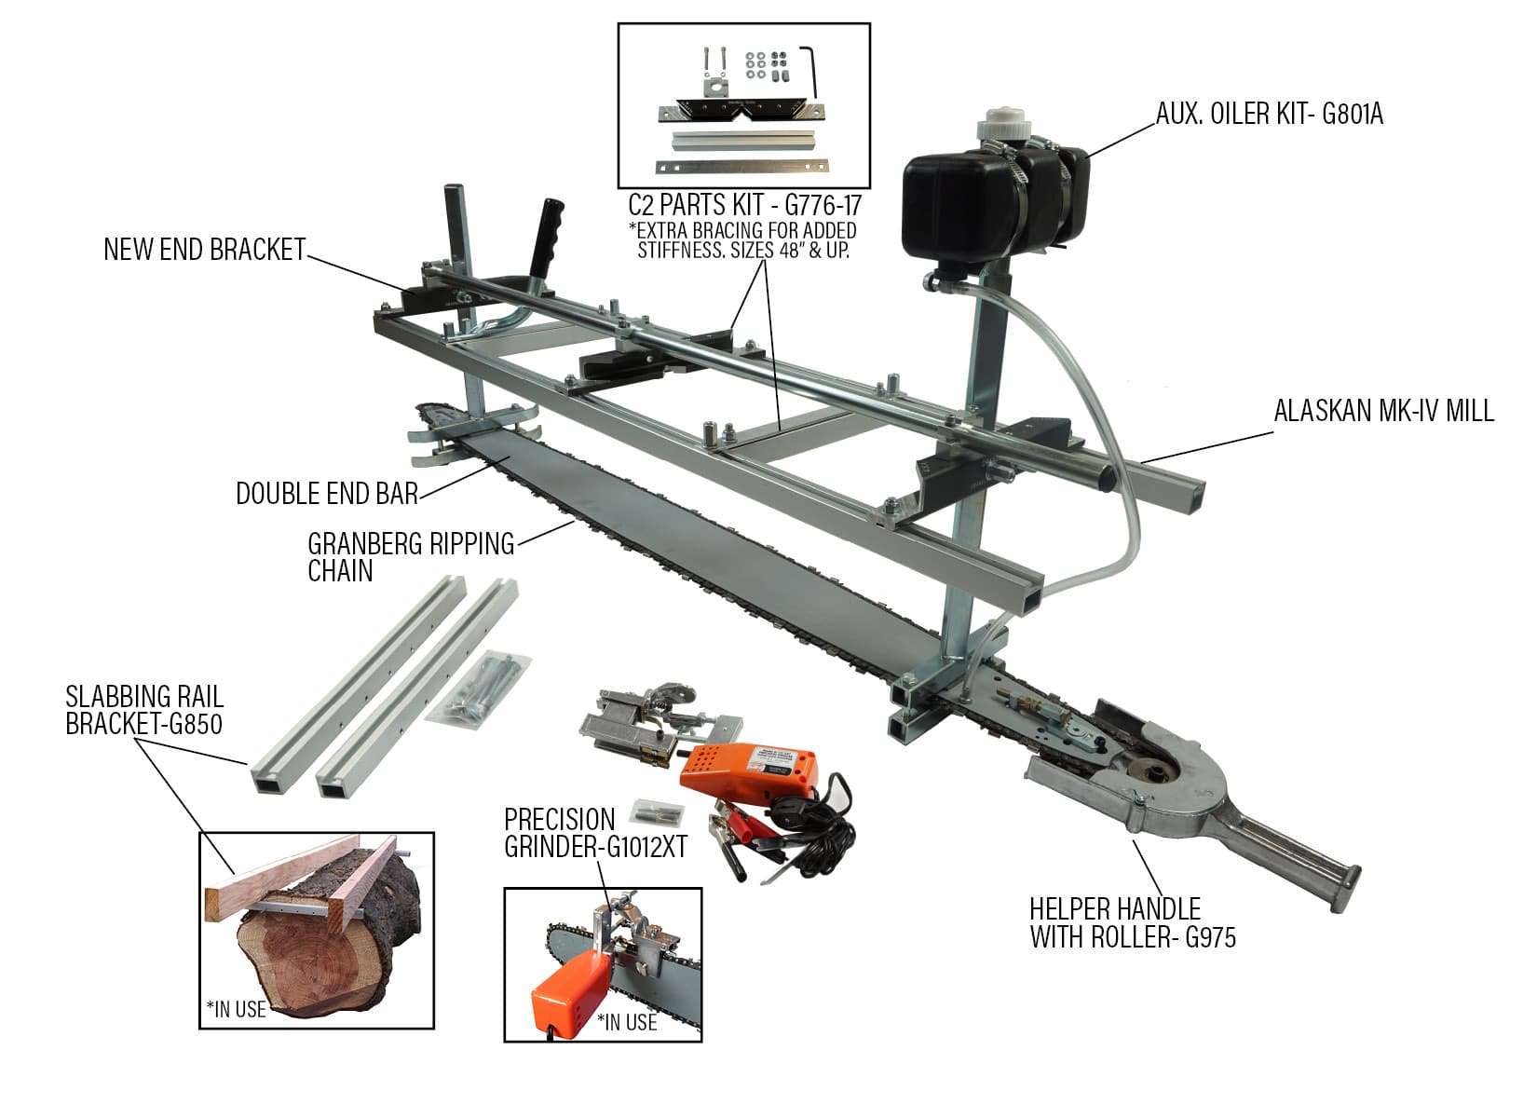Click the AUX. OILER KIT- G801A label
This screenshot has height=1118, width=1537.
[x=1269, y=114]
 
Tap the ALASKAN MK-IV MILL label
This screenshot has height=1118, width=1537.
[x=1383, y=411]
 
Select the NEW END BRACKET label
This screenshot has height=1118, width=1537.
[x=204, y=250]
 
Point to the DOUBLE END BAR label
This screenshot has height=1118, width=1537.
[x=327, y=494]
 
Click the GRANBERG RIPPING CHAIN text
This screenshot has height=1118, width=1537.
[x=410, y=556]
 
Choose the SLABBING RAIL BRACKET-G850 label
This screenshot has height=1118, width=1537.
[x=143, y=710]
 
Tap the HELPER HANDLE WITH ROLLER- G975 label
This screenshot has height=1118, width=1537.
[x=1132, y=922]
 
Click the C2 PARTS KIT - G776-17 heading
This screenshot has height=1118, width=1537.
[x=744, y=204]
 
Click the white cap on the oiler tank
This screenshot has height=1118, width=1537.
[x=1001, y=130]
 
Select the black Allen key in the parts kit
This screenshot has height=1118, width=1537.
[x=813, y=70]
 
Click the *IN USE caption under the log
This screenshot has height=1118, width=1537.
[x=236, y=1008]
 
